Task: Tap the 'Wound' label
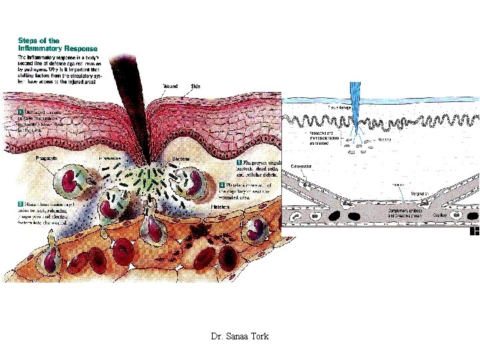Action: pyautogui.click(x=171, y=86)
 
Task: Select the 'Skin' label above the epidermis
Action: pyautogui.click(x=195, y=86)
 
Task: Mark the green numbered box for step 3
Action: pyautogui.click(x=239, y=162)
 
